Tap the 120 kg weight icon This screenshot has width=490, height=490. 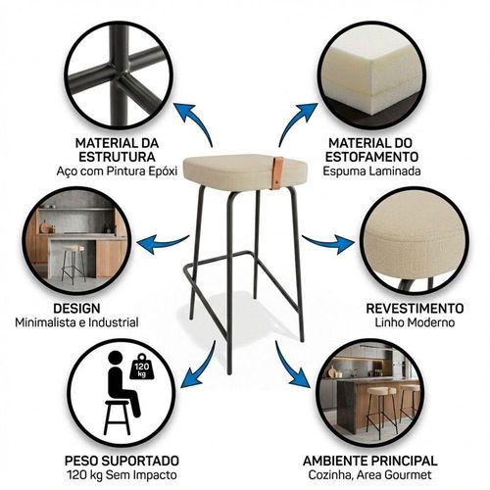click(x=142, y=367)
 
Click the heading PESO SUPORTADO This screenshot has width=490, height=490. click(x=122, y=461)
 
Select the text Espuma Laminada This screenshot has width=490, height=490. click(x=371, y=171)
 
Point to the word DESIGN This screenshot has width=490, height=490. click(x=76, y=308)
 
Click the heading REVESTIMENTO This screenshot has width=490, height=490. click(x=415, y=309)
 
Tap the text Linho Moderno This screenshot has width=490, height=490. click(x=415, y=322)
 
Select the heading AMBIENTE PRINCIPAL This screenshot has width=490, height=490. click(x=370, y=461)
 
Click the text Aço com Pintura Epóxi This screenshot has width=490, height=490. click(x=117, y=171)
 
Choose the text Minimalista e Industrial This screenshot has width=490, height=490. click(x=76, y=322)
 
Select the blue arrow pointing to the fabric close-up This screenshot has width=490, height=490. click(x=327, y=243)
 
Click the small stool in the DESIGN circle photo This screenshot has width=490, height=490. click(x=73, y=264)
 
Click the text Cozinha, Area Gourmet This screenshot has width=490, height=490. click(x=370, y=475)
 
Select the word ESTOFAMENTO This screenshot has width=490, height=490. click(x=371, y=157)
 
